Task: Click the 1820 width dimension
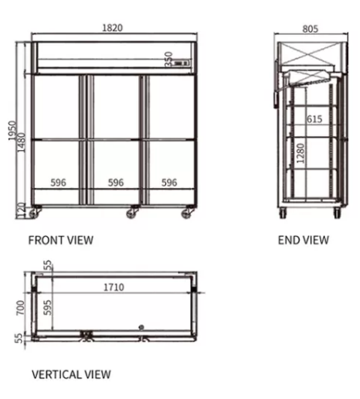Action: [x=112, y=28]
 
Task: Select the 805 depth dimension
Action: [x=310, y=29]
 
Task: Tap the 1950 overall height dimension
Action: [x=12, y=131]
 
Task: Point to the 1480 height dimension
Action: [x=21, y=142]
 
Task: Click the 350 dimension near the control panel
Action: [x=168, y=60]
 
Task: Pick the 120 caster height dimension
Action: [x=21, y=210]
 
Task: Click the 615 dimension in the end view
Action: [x=314, y=119]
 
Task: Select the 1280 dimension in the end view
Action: [x=301, y=153]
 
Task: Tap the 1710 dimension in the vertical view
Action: [x=114, y=287]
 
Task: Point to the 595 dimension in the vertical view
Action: [x=47, y=307]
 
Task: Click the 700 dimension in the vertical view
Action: [x=20, y=308]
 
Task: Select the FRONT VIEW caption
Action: [x=61, y=240]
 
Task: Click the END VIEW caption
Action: [x=304, y=240]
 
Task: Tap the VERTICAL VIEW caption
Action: [x=71, y=374]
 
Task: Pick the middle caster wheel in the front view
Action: [x=131, y=213]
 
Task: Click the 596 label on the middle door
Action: [x=116, y=182]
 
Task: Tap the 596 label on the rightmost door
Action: [x=169, y=182]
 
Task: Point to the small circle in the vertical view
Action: [x=141, y=327]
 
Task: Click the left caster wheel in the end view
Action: [x=283, y=213]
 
